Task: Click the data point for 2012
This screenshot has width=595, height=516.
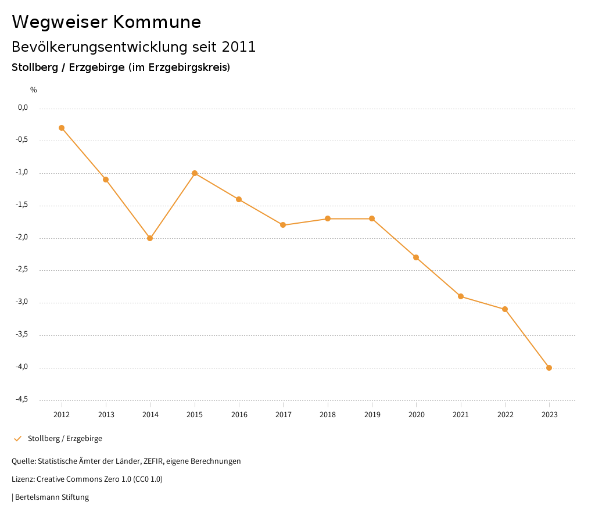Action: pos(62,128)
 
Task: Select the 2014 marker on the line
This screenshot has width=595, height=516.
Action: pos(150,238)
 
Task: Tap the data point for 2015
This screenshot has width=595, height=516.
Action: pos(195,173)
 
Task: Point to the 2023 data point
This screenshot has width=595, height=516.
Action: pos(549,368)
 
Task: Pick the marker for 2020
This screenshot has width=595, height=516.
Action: pos(416,257)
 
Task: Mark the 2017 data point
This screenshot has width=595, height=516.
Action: pos(283,225)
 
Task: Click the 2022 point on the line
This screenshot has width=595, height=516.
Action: pos(505,309)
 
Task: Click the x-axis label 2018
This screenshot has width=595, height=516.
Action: pos(328,415)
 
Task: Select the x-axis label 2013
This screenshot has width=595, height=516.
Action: pos(106,415)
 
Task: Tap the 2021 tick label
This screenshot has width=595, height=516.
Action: pos(461,415)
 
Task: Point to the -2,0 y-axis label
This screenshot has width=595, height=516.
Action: pos(23,238)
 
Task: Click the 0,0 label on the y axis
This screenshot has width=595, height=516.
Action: pos(23,107)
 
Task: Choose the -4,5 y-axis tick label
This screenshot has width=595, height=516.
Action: pos(23,400)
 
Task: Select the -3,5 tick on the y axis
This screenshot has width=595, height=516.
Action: pos(23,335)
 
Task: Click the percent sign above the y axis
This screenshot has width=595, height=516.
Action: pos(34,90)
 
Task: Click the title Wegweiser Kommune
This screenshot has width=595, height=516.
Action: pos(106,22)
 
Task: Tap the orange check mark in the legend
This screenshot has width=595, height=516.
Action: pos(17,439)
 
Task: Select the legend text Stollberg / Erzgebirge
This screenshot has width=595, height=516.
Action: pos(65,439)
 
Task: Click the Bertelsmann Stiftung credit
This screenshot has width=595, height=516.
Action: pos(52,497)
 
